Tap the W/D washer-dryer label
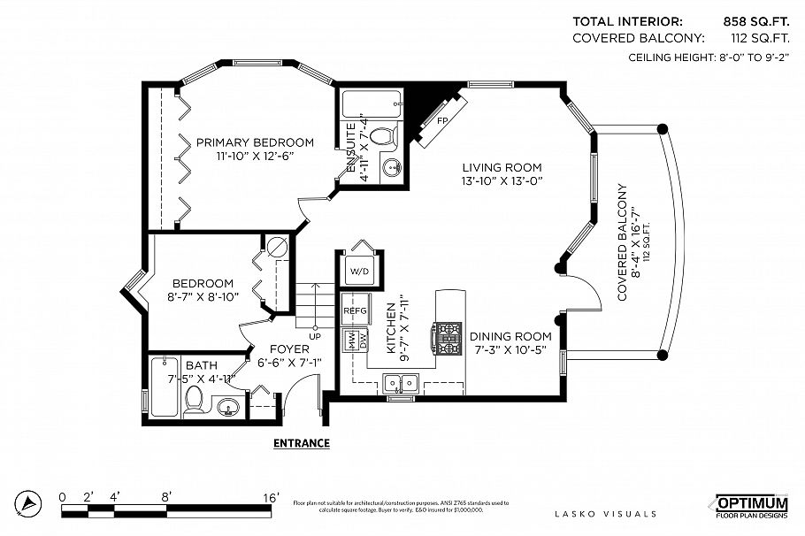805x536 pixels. pos(359,271)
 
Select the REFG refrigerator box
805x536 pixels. pos(355,310)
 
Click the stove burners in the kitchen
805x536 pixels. pos(448,336)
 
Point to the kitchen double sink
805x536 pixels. pos(402,383)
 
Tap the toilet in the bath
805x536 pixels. pos(195,403)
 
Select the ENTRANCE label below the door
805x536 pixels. pos(302,443)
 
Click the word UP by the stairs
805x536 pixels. pos(314,336)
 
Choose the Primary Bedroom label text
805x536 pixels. pos(255,142)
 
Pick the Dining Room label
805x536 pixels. pos(510,336)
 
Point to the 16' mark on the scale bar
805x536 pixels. pos(271,497)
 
